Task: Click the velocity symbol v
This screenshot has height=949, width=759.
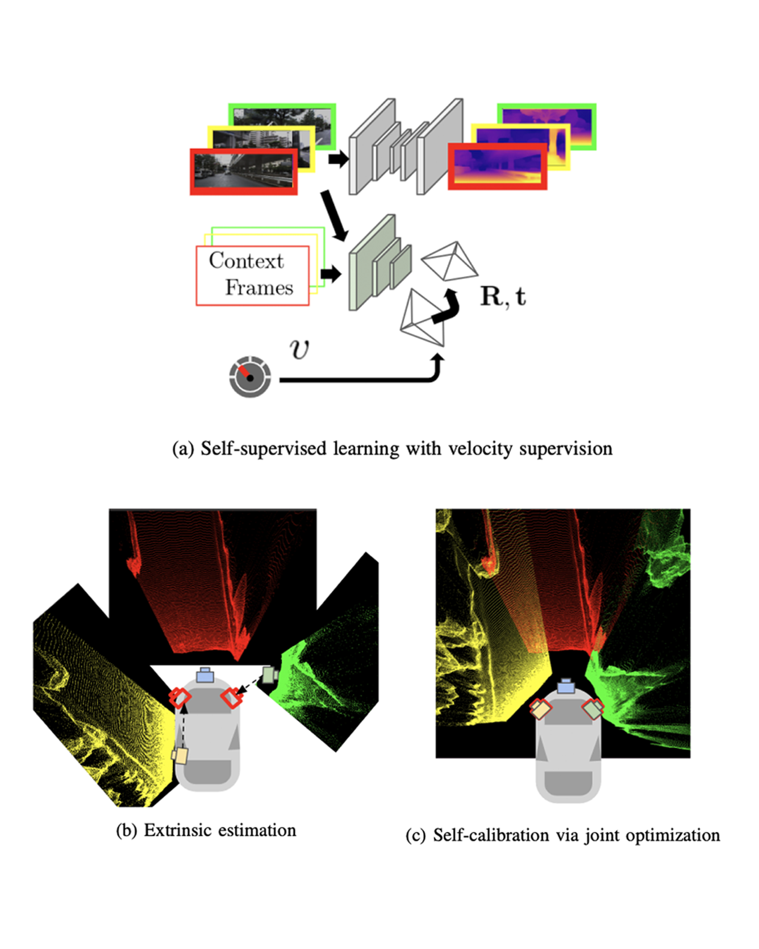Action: coord(299,348)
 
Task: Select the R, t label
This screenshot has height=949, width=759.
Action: coord(503,296)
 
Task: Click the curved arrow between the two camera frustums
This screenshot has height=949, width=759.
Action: coord(446,307)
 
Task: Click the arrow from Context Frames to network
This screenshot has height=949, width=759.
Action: coord(331,274)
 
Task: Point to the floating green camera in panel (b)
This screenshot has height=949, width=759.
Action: coord(269,675)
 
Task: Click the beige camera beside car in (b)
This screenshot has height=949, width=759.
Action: coord(180,756)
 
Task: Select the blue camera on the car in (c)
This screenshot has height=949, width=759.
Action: coord(565,686)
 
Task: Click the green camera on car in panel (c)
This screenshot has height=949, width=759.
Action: coord(593,709)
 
